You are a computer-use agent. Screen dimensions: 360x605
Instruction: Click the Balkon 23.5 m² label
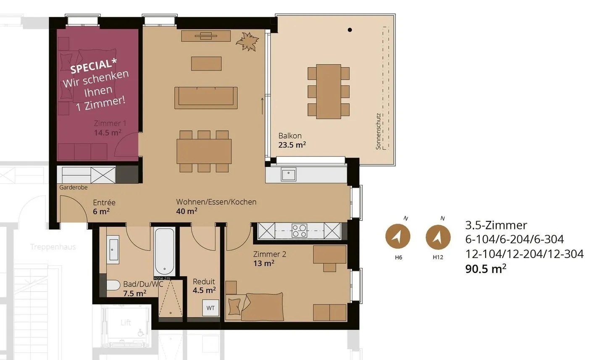tap(292, 140)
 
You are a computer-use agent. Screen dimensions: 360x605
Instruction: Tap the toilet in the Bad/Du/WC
tap(113, 286)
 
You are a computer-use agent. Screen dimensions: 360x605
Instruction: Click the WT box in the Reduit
tap(210, 308)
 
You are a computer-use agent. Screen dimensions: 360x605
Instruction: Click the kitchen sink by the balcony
tap(289, 174)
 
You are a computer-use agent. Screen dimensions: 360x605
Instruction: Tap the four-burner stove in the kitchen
tap(300, 231)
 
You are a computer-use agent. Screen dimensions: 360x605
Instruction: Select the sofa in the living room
tap(206, 97)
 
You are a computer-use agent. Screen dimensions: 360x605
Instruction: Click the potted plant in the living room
tap(247, 42)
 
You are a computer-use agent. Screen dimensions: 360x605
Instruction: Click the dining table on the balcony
tap(329, 91)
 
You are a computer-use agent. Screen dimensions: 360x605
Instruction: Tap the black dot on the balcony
tap(350, 30)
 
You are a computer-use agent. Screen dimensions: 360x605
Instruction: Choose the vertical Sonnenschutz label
tap(378, 131)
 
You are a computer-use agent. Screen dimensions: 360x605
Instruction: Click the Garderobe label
tap(74, 187)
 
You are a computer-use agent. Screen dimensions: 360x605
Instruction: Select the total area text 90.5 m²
tap(485, 269)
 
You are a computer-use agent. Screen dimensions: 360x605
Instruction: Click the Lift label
tap(126, 323)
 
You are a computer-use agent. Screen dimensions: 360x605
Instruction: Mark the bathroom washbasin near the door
tap(113, 250)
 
